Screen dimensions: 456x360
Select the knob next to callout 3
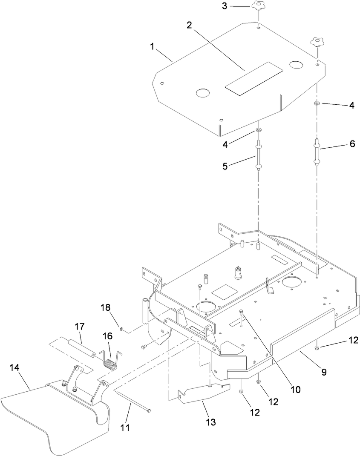click(x=258, y=7)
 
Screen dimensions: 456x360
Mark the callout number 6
click(x=352, y=144)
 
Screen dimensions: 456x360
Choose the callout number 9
click(x=324, y=372)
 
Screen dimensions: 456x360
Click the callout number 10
click(x=296, y=389)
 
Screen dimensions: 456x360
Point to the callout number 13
click(x=210, y=422)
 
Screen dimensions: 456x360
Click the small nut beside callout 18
click(x=121, y=329)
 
